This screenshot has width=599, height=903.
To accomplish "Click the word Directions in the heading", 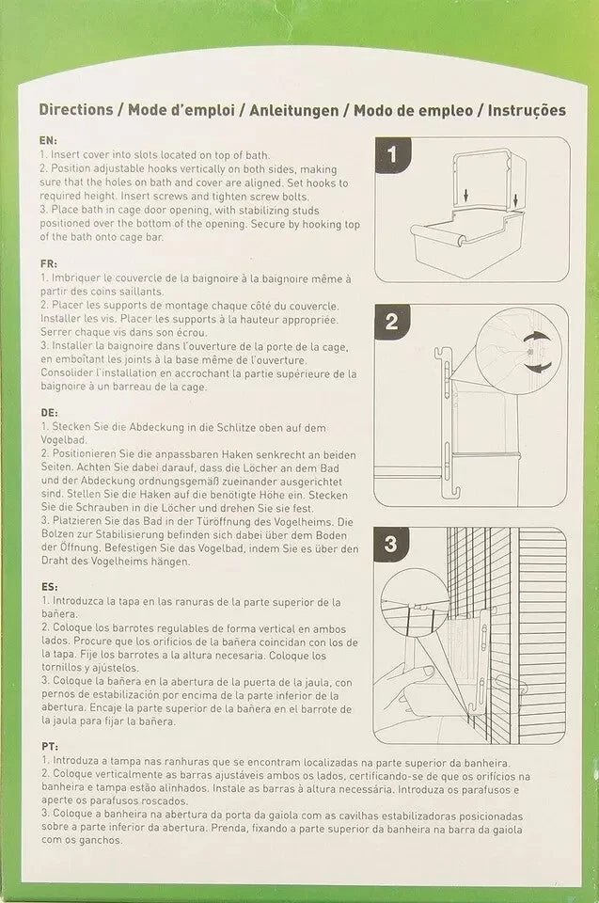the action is (76, 109).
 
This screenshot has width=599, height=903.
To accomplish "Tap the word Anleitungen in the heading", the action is (293, 111).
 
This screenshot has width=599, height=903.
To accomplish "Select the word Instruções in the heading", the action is (527, 111).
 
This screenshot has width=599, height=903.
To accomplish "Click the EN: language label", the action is (48, 140).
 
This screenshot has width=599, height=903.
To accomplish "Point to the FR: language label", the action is (48, 263).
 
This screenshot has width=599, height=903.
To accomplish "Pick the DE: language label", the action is (49, 413).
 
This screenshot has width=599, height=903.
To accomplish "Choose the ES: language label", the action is (50, 587).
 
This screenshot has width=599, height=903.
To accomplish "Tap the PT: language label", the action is (50, 746).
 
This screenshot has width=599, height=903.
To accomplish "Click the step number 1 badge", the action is (393, 154).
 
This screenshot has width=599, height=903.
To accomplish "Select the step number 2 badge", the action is (391, 322).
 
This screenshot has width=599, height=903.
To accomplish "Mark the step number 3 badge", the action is (391, 545).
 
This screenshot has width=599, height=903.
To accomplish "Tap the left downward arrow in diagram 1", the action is (465, 196).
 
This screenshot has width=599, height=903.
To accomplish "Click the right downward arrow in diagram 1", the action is (515, 200).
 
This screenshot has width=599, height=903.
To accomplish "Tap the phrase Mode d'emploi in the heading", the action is (181, 110).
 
